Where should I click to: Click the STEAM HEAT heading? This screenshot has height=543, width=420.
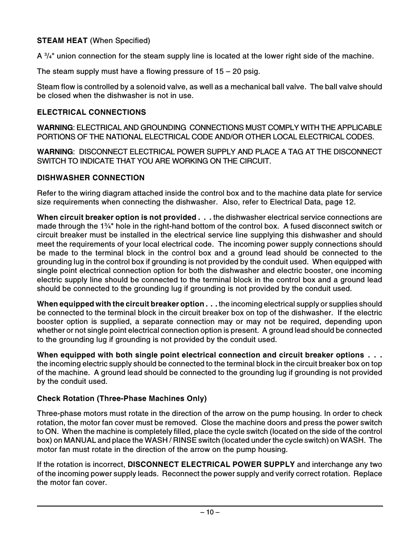point(63,41)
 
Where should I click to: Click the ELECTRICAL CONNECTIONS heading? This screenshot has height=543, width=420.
point(91,112)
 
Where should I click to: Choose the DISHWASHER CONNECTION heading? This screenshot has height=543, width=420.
point(91,178)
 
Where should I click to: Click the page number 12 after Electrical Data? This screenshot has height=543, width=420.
point(350,202)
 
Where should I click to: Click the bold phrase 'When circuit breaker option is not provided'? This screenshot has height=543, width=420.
point(116,217)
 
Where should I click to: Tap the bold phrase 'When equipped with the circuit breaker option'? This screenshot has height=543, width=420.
point(120,304)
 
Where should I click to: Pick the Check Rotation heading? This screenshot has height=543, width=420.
point(122,398)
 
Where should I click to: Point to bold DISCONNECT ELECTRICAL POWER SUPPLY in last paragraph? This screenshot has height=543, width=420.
point(211,465)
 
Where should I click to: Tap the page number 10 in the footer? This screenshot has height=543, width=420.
point(210,512)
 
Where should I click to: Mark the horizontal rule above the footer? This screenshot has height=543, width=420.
point(210,506)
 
